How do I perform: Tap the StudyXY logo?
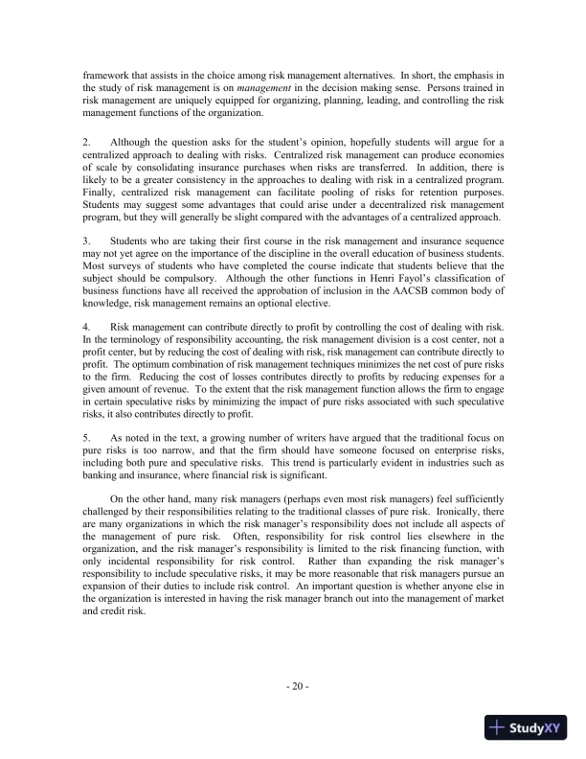click(x=527, y=726)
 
